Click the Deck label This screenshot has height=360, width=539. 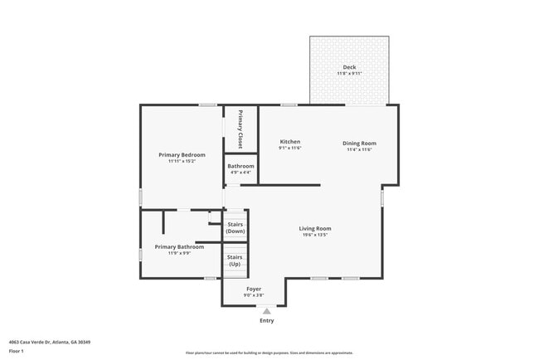pyautogui.click(x=349, y=67)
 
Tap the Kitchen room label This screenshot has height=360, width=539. pyautogui.click(x=289, y=142)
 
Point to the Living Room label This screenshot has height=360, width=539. pyautogui.click(x=315, y=228)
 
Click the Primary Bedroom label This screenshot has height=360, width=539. pyautogui.click(x=182, y=154)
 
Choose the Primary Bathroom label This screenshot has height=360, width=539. pyautogui.click(x=179, y=246)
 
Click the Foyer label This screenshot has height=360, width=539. pyautogui.click(x=254, y=289)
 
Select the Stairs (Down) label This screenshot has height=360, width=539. pyautogui.click(x=236, y=227)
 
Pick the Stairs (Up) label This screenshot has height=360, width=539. pyautogui.click(x=236, y=260)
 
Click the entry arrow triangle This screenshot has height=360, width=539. pyautogui.click(x=266, y=311)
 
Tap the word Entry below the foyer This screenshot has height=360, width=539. pyautogui.click(x=266, y=320)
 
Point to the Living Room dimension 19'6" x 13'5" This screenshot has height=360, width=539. pyautogui.click(x=315, y=235)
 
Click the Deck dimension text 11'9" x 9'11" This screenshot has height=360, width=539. pyautogui.click(x=349, y=74)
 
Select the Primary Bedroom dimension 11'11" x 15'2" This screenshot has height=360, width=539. pyautogui.click(x=182, y=161)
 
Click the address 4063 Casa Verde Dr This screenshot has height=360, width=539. pyautogui.click(x=49, y=342)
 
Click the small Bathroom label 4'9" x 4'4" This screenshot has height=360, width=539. pyautogui.click(x=240, y=172)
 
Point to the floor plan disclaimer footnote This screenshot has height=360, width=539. pyautogui.click(x=269, y=353)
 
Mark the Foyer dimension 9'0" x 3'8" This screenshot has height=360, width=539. pyautogui.click(x=254, y=295)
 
